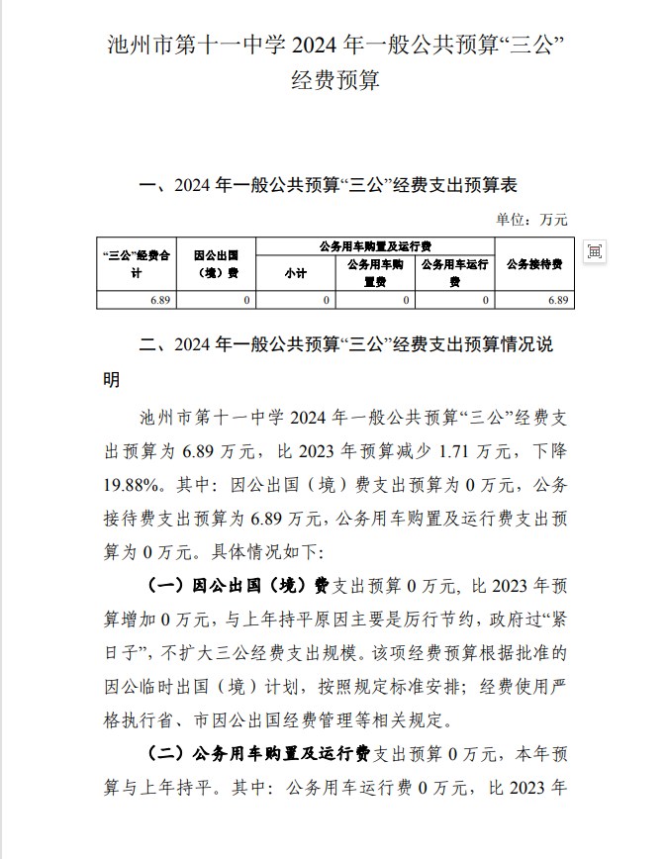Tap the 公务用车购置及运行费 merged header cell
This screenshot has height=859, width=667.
click(x=375, y=245)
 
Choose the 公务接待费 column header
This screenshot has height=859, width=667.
click(x=534, y=263)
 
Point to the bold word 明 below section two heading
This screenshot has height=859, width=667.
click(x=112, y=380)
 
